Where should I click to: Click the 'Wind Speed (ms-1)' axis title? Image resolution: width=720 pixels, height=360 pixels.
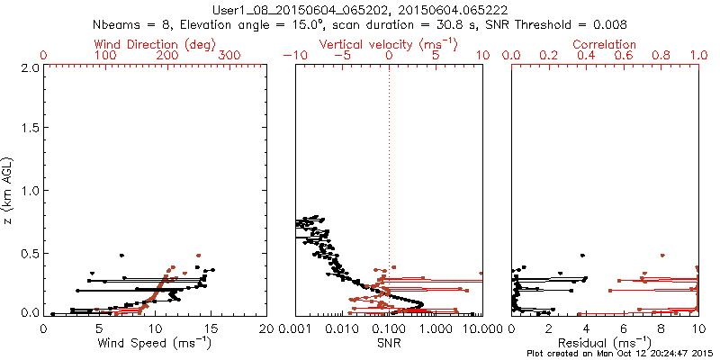(x=156, y=343)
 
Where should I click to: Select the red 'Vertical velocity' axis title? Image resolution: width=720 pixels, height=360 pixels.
(x=388, y=43)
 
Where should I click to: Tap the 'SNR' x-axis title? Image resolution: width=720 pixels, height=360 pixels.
(x=389, y=343)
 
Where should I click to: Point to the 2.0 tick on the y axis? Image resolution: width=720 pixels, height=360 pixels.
(x=29, y=67)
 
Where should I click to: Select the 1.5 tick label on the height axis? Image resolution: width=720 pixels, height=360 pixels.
(x=29, y=130)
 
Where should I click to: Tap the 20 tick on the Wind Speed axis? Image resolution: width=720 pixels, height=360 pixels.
(x=266, y=328)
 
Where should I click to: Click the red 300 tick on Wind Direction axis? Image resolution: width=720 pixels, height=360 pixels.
(x=229, y=56)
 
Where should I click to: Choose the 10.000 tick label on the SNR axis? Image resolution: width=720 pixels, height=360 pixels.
(x=466, y=328)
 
